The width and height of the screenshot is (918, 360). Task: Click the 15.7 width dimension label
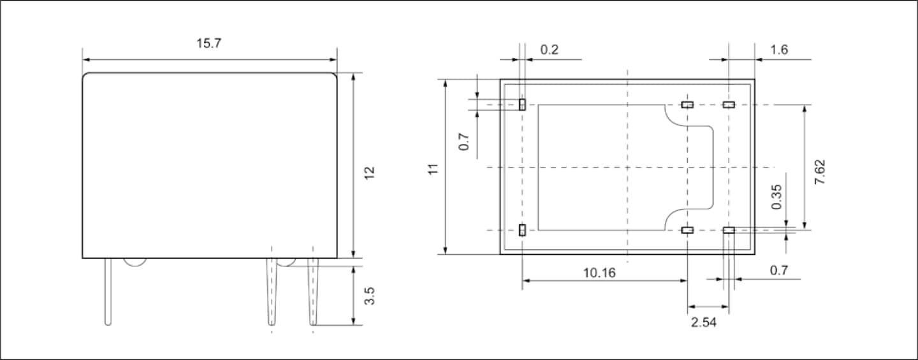tap(208, 43)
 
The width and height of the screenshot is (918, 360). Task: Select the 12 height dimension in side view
tap(370, 173)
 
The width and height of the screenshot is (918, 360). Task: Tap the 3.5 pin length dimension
tap(370, 296)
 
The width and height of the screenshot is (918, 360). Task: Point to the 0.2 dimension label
tap(549, 50)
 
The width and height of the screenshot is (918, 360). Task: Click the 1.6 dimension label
tap(779, 50)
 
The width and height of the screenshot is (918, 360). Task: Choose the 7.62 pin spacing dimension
tap(820, 172)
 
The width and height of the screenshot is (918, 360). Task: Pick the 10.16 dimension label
tap(599, 273)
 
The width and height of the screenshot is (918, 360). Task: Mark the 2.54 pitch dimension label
tap(704, 322)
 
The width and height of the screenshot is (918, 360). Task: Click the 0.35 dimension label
tap(776, 197)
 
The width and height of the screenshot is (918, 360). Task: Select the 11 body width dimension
tap(433, 169)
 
